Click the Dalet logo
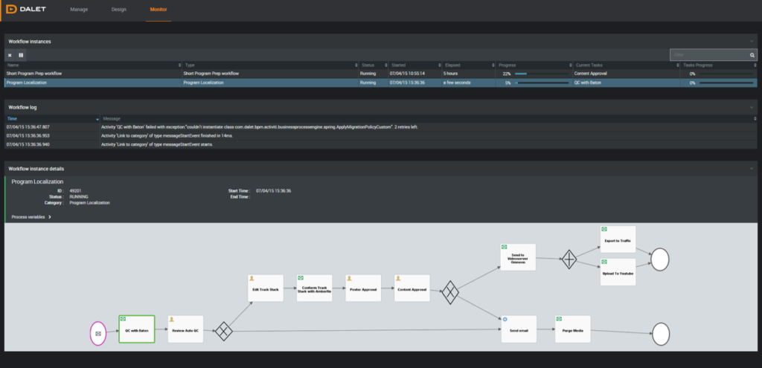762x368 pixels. coord(28,10)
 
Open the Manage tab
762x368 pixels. coord(78,10)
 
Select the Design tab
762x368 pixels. coord(118,10)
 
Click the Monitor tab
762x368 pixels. coord(159,10)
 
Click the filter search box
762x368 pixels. coord(709,55)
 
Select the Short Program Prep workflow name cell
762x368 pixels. coord(34,74)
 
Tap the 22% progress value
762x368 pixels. coord(507,74)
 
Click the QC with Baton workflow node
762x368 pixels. coord(136,329)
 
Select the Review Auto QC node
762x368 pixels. coord(185,329)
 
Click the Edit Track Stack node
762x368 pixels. coord(265,288)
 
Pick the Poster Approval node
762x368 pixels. coord(363,288)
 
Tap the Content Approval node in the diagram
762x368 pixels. coord(412,288)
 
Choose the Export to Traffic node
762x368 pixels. coord(618,239)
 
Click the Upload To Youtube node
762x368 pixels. coord(618,272)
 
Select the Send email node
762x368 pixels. coord(519,329)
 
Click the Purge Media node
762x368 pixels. coord(572,329)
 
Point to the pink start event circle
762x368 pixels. coord(99,333)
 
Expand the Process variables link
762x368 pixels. coord(31,217)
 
